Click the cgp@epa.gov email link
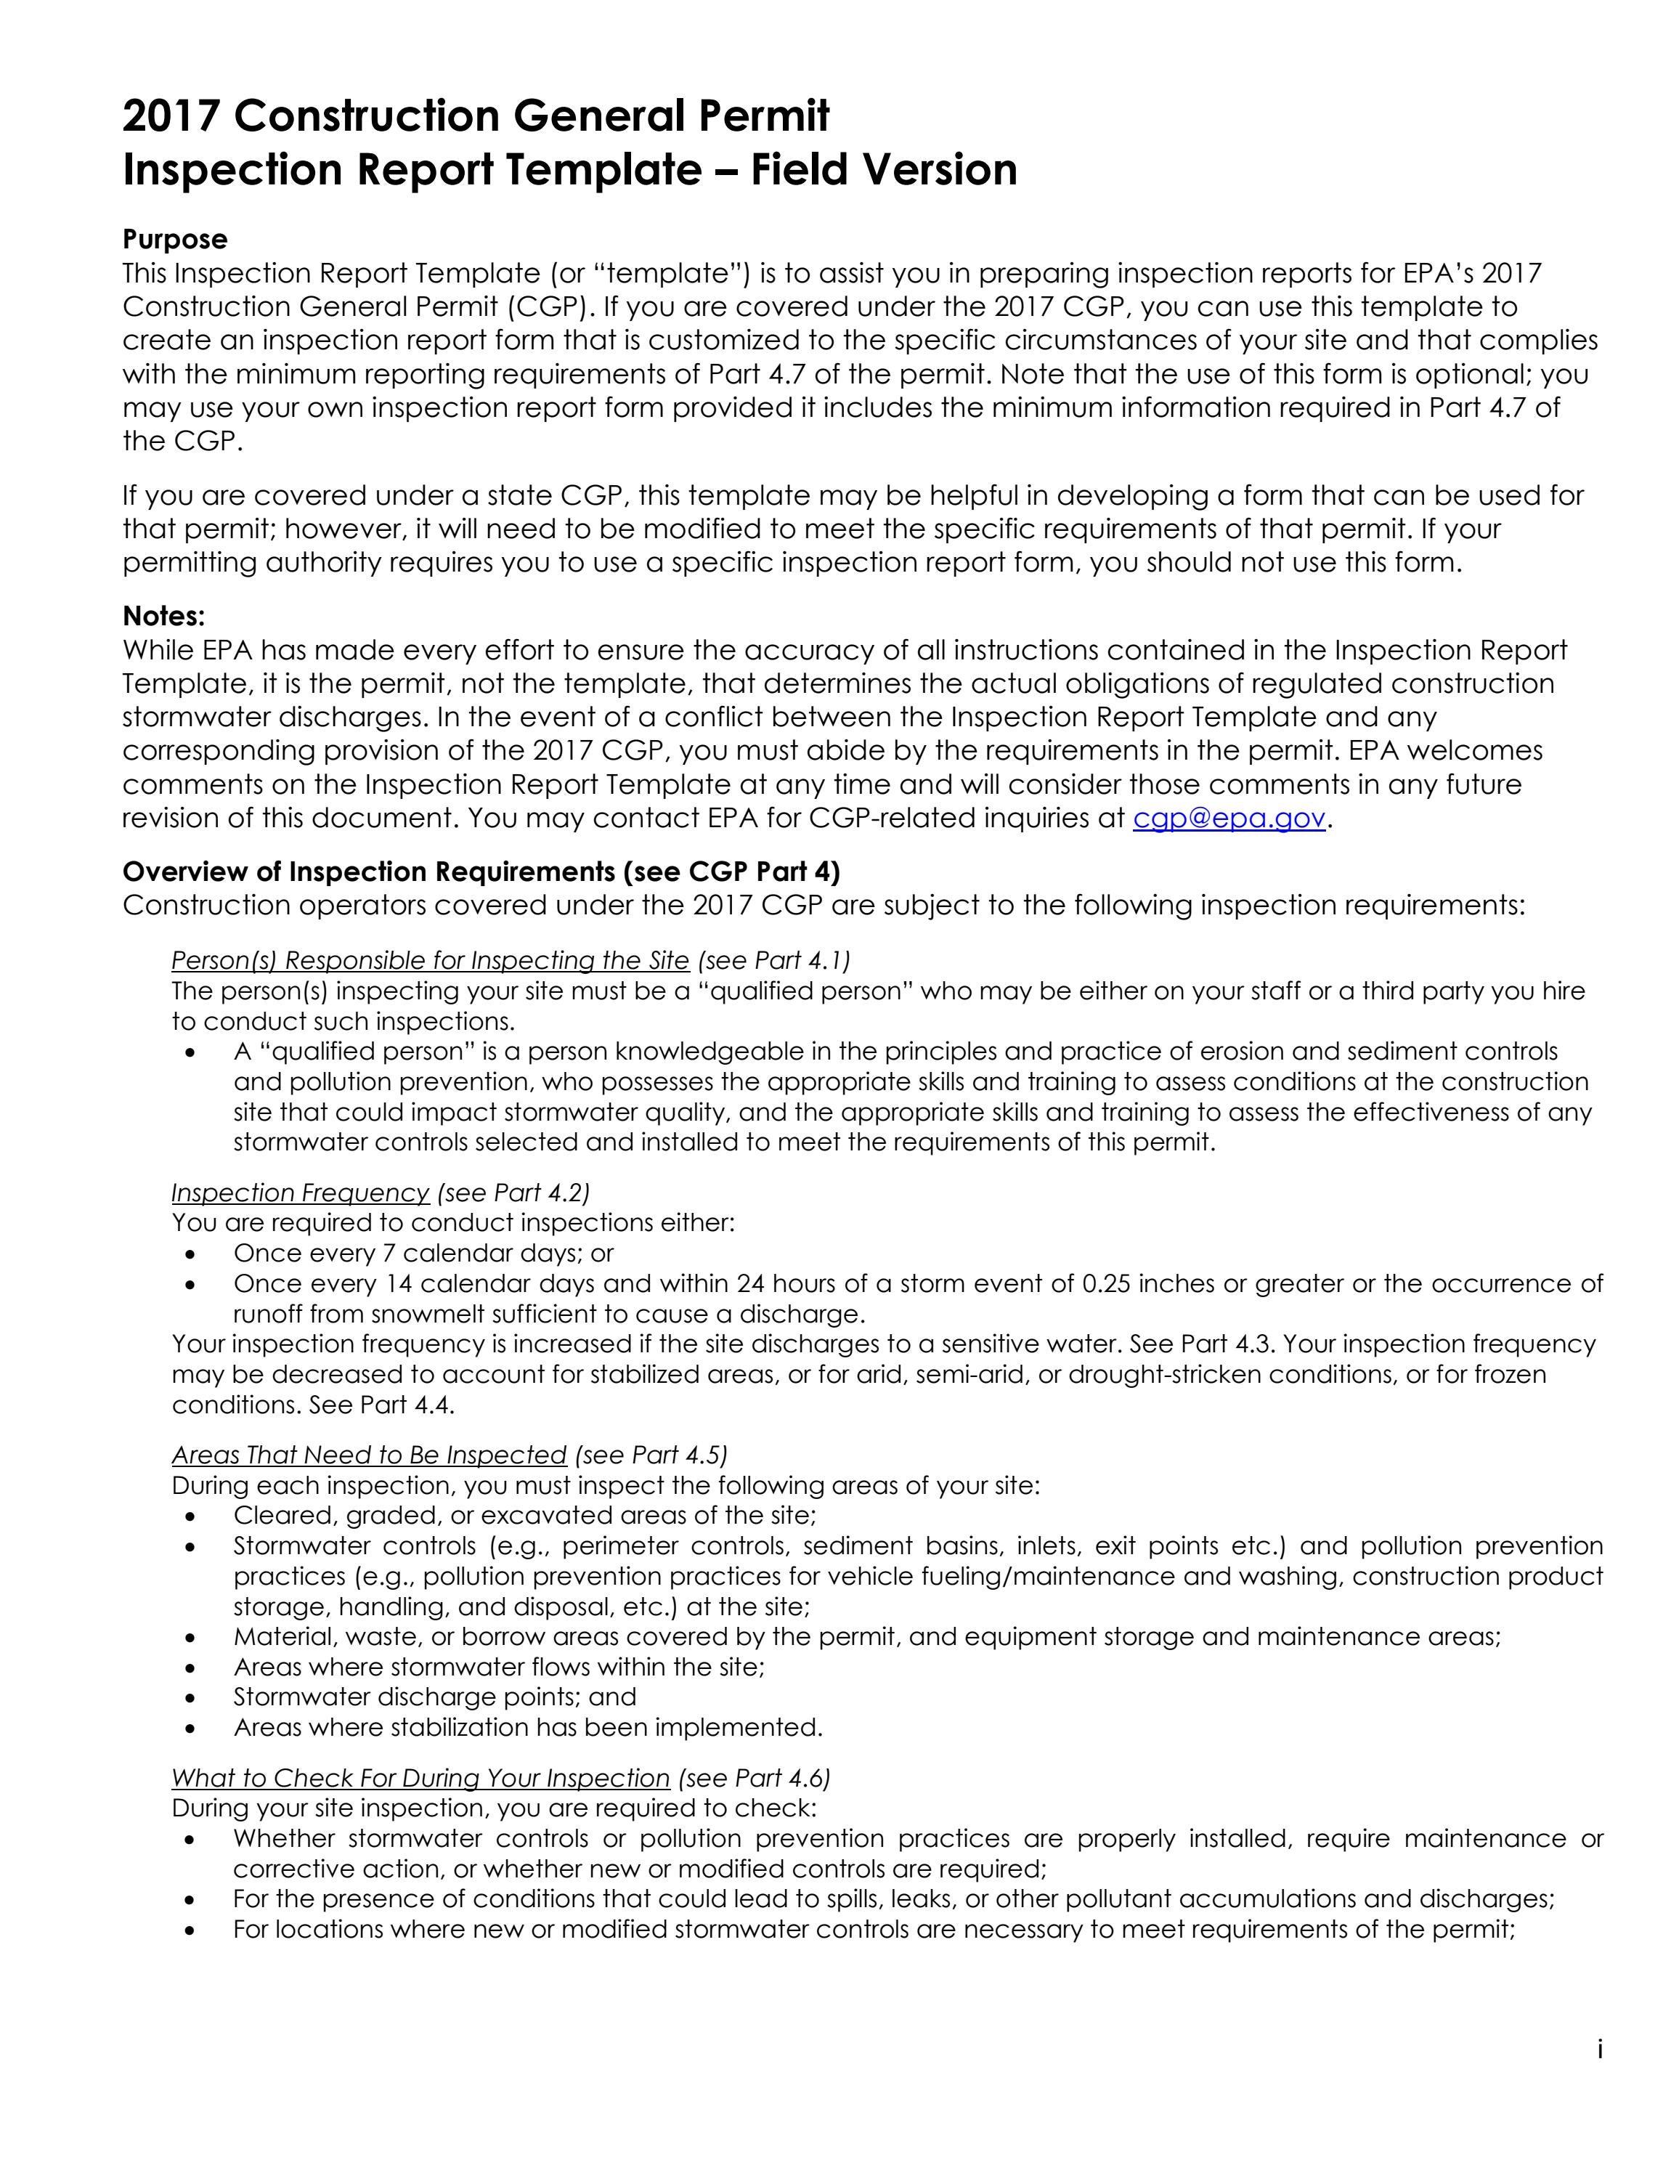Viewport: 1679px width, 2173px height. [1229, 818]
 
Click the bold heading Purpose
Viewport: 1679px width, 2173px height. [175, 239]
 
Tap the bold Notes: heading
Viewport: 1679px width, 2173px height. [163, 616]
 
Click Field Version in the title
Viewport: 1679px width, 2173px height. [883, 170]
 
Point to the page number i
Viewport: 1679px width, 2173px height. [1599, 2050]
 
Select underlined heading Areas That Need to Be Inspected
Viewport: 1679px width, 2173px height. [368, 1455]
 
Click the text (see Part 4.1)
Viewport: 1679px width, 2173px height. [774, 960]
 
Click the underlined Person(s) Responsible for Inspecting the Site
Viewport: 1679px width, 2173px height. [430, 960]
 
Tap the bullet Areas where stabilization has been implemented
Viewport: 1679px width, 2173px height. [527, 1727]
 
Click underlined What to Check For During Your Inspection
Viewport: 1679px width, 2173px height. [420, 1778]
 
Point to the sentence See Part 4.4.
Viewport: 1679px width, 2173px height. [382, 1405]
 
